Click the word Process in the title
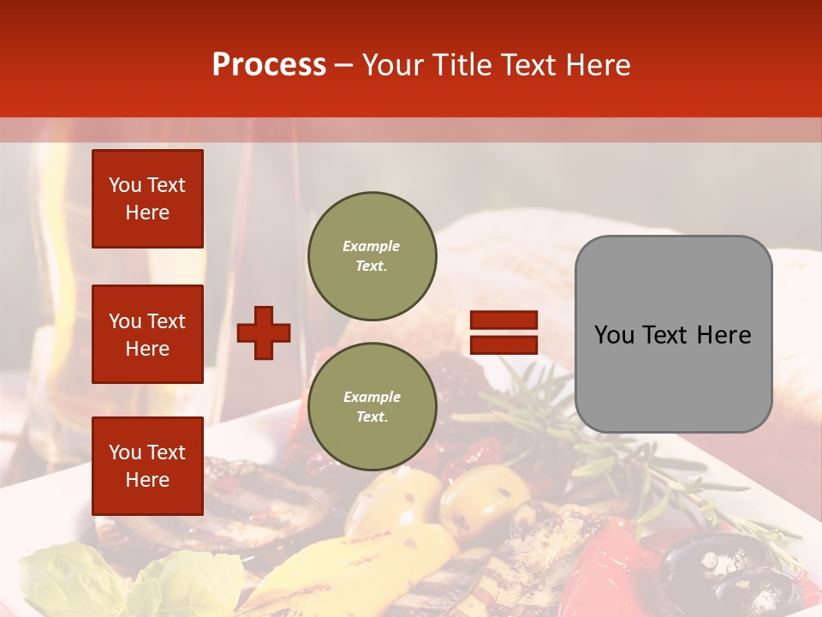point(269,65)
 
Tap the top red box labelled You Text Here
point(147,199)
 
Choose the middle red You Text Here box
point(147,334)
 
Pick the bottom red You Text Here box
point(147,466)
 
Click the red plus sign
point(264,332)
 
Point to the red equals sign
point(503,332)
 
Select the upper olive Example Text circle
point(372,256)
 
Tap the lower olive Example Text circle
point(372,407)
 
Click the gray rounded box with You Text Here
point(673,334)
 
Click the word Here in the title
point(599,65)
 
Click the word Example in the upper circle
point(372,247)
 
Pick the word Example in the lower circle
point(372,398)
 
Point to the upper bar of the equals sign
point(503,320)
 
